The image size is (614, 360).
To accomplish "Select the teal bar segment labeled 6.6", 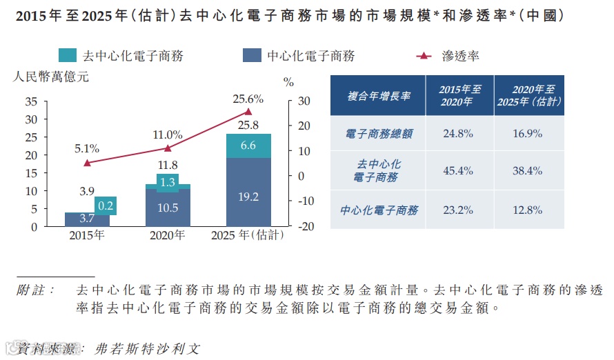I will coord(248,146).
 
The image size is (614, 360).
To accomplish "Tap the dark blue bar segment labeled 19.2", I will coord(248,197).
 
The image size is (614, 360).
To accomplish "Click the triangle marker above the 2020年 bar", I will coord(168,148).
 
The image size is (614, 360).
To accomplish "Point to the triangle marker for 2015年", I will coord(87,163).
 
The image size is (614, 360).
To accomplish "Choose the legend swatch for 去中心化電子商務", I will coord(67,56).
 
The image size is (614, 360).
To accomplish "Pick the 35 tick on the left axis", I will coord(31,101).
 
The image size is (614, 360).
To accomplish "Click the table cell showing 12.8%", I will coord(528,210).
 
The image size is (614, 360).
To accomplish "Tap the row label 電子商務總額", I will coord(378,134).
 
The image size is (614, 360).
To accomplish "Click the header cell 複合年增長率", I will coord(378,96).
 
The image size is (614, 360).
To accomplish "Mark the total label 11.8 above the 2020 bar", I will coord(168,165).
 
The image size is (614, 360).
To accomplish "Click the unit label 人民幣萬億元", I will coord(51,77).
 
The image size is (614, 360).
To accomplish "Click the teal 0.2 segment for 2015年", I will coord(106,206).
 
